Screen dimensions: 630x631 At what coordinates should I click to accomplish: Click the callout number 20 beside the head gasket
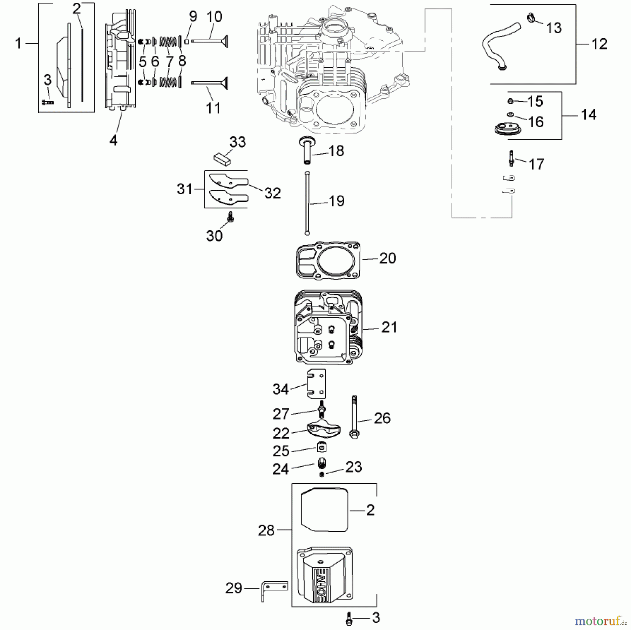[387, 258]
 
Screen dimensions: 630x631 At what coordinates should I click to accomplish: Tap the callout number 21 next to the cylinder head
[389, 327]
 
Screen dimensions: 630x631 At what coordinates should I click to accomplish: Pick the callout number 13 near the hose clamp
[554, 28]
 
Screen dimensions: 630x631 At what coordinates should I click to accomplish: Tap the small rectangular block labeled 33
[222, 158]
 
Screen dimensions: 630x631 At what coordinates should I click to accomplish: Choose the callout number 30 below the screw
[214, 236]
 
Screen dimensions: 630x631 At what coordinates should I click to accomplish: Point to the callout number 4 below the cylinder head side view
[113, 141]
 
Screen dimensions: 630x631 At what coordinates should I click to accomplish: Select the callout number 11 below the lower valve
[213, 108]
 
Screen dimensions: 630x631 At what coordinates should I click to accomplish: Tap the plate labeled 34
[317, 383]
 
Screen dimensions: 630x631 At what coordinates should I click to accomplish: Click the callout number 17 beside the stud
[536, 164]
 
